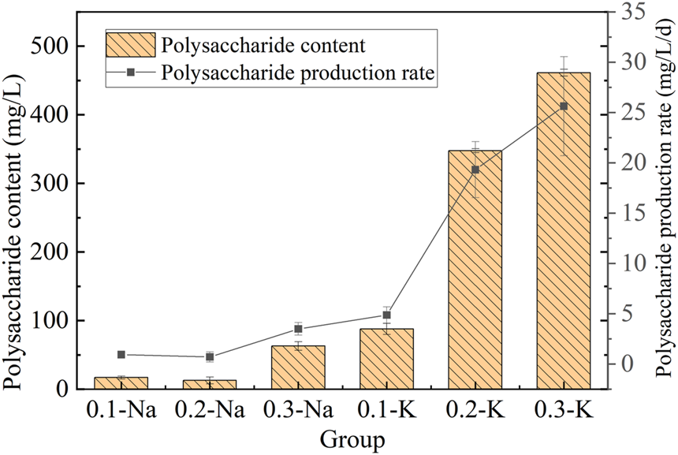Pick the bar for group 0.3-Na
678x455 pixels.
[x=298, y=367]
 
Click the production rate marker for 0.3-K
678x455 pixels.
[x=563, y=106]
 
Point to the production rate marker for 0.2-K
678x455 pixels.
[x=475, y=170]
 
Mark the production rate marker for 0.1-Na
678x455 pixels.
[x=121, y=355]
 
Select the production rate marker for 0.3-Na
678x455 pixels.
[x=298, y=329]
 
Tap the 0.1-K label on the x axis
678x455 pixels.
[x=386, y=410]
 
